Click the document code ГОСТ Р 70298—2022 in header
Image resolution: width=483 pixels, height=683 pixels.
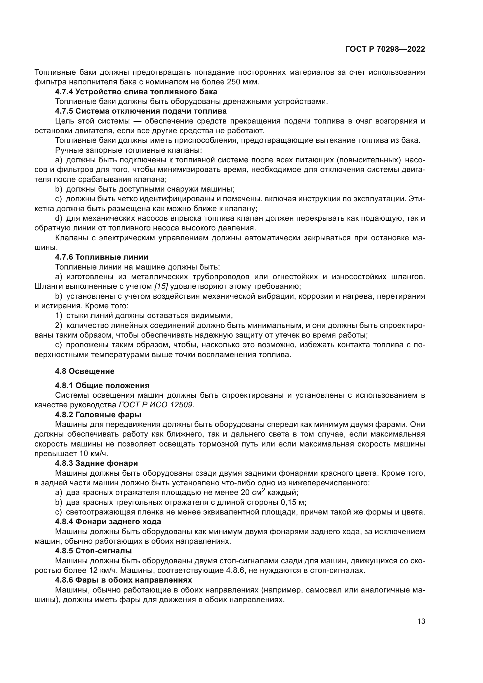click(385, 49)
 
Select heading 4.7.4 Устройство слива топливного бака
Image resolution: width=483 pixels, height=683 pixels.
click(136, 92)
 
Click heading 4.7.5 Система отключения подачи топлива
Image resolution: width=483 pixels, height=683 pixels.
click(141, 111)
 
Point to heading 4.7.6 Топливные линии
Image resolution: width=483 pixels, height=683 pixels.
click(101, 257)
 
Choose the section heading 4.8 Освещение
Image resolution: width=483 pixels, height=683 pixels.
click(84, 371)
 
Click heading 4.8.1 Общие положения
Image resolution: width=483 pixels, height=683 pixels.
click(102, 386)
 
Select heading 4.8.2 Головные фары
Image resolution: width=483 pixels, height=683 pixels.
click(98, 415)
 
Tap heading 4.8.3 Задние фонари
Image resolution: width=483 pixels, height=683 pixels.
click(96, 463)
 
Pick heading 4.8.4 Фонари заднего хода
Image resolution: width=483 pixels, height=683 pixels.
click(108, 522)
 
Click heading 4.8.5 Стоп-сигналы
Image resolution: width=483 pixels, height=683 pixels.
click(93, 551)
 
